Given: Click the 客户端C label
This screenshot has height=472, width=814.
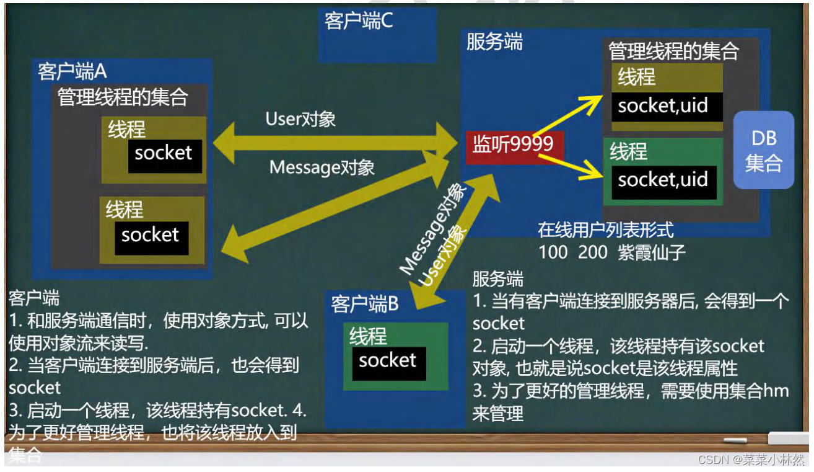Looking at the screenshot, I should [x=359, y=21].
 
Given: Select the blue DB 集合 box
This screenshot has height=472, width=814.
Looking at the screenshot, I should [x=763, y=151].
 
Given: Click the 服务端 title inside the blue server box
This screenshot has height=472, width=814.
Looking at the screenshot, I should [x=494, y=42].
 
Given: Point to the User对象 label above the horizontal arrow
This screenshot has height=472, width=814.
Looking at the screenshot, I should [x=300, y=119].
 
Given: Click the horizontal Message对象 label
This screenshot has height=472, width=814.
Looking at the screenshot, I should [x=322, y=167].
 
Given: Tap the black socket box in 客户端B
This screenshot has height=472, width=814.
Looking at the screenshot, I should [x=388, y=362].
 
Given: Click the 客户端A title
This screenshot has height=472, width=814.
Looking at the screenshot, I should [x=72, y=71].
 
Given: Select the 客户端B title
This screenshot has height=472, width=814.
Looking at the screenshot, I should [x=364, y=305].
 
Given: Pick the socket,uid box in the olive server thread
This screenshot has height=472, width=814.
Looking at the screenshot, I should [x=663, y=106].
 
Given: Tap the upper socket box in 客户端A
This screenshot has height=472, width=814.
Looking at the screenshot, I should [x=164, y=154].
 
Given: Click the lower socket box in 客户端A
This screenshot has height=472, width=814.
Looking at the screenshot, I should [x=151, y=236].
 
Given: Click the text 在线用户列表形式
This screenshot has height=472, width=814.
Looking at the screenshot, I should [x=605, y=231].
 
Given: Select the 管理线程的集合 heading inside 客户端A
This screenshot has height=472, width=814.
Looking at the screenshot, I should [x=123, y=98].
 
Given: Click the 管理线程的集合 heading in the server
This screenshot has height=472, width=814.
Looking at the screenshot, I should [x=673, y=51].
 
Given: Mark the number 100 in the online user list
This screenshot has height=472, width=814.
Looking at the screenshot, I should [x=553, y=252].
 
